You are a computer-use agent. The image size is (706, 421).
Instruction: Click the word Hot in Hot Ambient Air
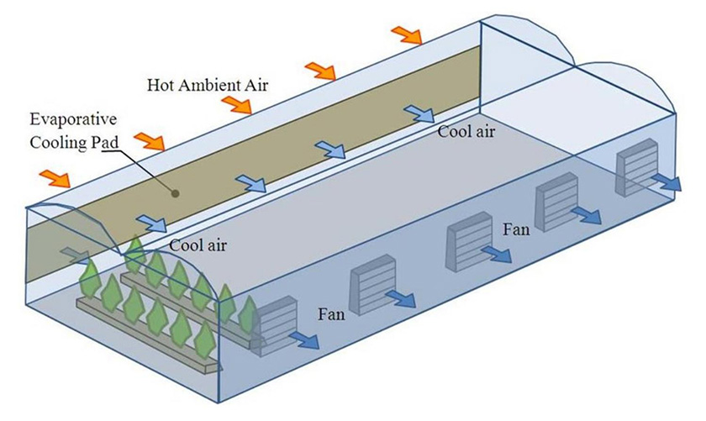pyautogui.click(x=160, y=85)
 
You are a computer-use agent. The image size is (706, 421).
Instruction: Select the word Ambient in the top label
pyautogui.click(x=204, y=85)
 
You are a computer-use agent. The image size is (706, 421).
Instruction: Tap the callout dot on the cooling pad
pyautogui.click(x=175, y=192)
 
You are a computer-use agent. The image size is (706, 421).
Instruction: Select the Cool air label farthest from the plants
pyautogui.click(x=466, y=131)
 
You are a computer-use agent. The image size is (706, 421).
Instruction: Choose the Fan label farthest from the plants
pyautogui.click(x=515, y=228)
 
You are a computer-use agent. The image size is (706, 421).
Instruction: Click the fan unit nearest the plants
pyautogui.click(x=277, y=324)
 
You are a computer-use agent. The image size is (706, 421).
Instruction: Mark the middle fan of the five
pyautogui.click(x=467, y=239)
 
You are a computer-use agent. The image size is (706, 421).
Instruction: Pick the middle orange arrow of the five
pyautogui.click(x=236, y=104)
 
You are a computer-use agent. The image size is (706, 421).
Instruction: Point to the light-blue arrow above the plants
pyautogui.click(x=152, y=223)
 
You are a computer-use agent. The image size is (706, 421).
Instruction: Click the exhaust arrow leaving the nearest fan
pyautogui.click(x=304, y=339)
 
